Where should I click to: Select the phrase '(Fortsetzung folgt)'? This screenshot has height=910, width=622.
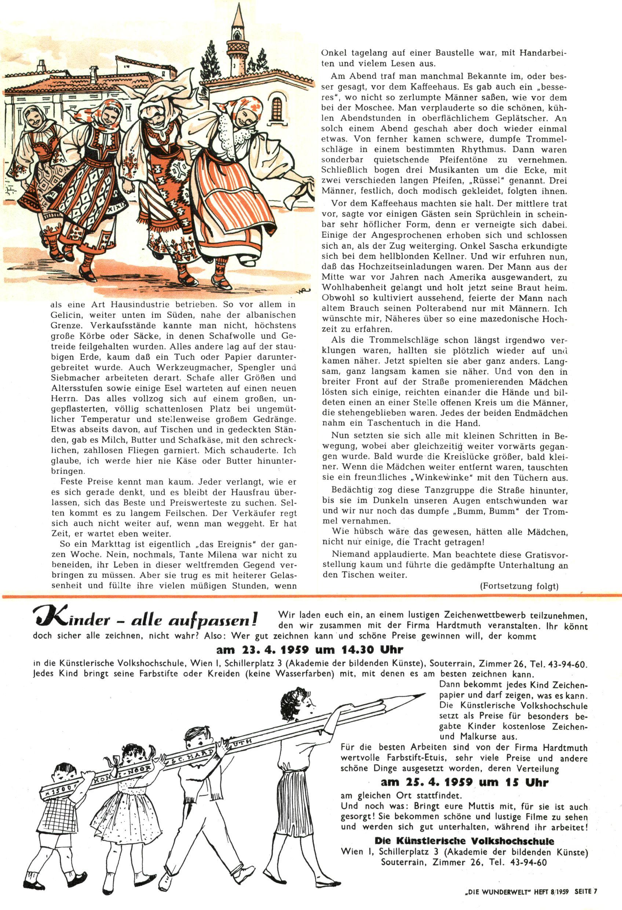click(x=519, y=586)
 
